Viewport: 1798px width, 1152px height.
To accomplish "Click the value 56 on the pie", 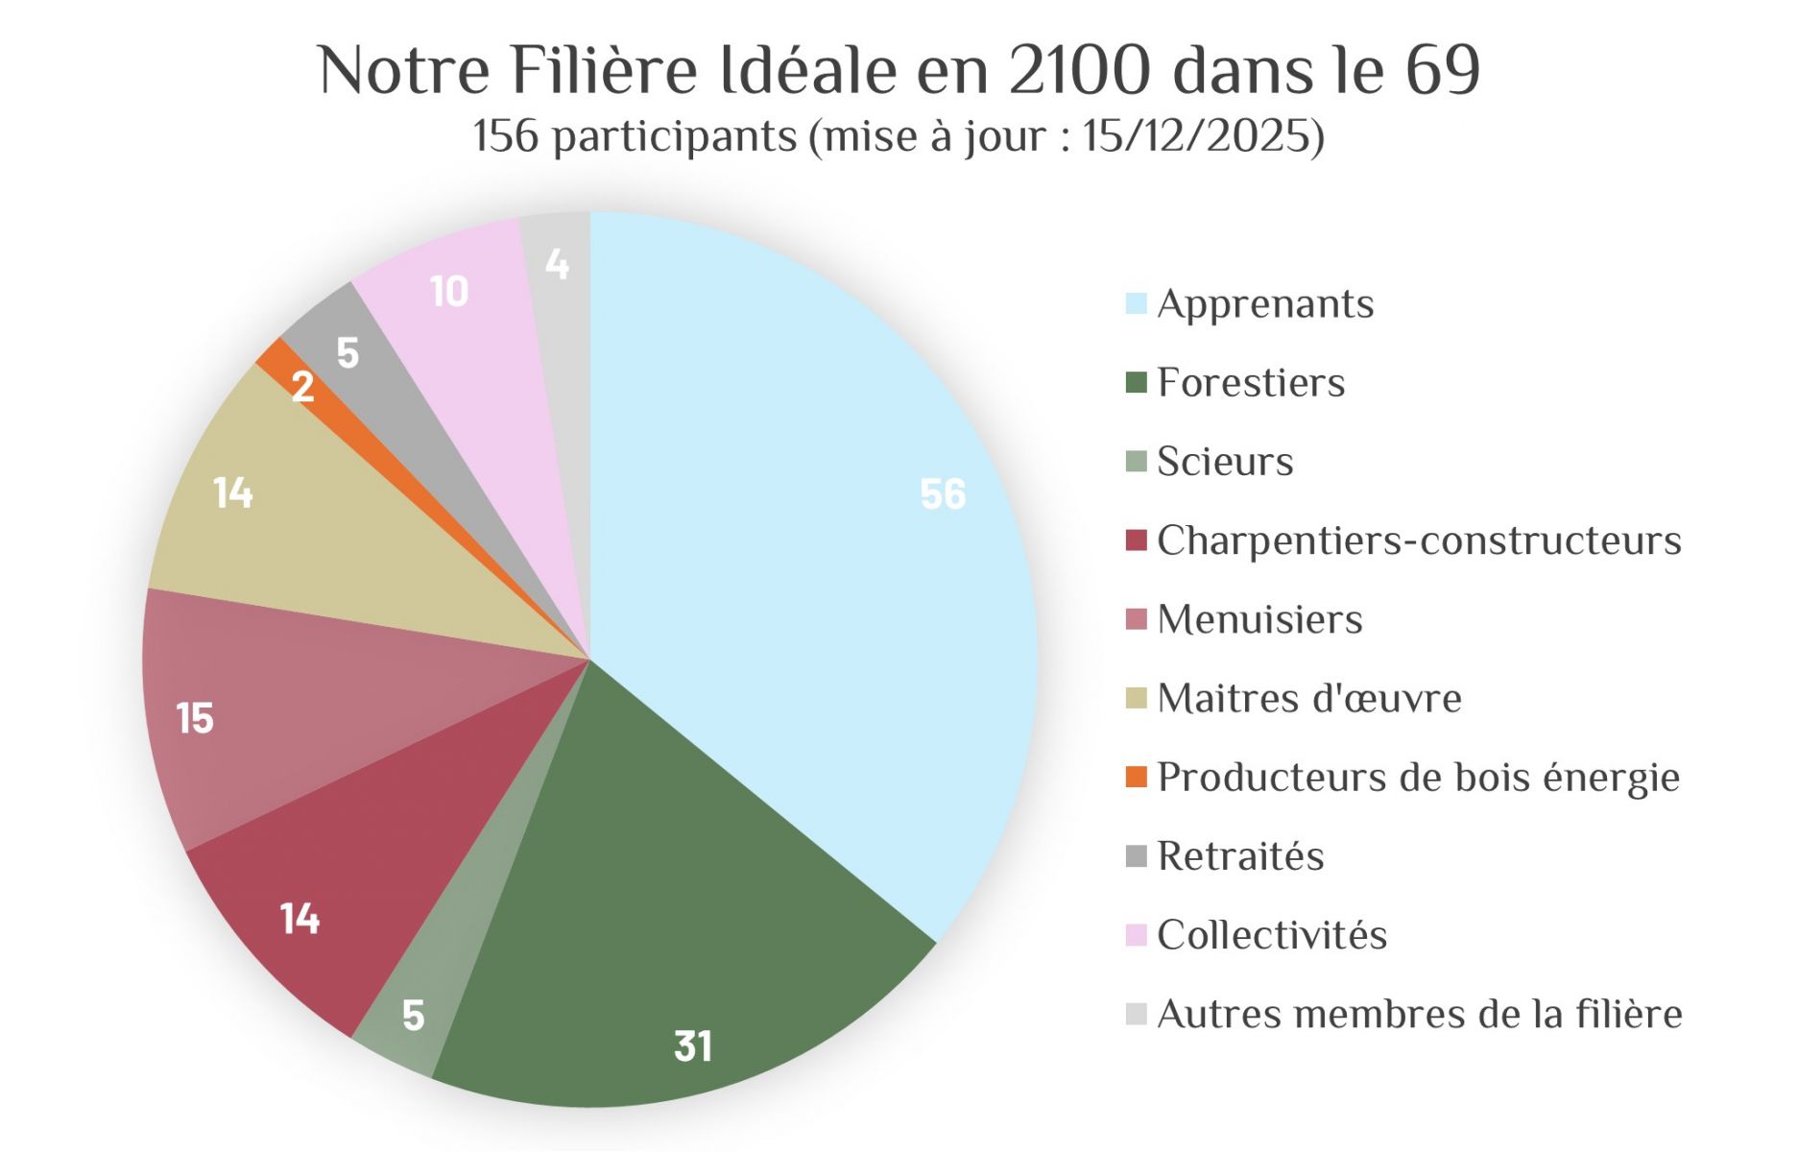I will click(943, 494).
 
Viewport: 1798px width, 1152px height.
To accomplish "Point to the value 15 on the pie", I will click(195, 718).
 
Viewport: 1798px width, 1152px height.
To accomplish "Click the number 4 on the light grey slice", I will click(557, 264).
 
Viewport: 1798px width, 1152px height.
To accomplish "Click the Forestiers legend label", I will click(1251, 382).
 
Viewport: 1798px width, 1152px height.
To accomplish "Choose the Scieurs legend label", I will click(1225, 462).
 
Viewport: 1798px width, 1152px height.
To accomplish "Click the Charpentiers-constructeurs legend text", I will click(1419, 540).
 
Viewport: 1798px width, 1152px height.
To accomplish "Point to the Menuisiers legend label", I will click(1259, 619).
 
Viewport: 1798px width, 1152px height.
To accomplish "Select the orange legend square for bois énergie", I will click(1136, 777).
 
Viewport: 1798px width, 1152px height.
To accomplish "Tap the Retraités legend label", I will click(1240, 856).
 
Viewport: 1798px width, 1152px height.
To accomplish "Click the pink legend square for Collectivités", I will click(1136, 935).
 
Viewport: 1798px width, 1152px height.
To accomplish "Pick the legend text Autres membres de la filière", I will click(1419, 1015).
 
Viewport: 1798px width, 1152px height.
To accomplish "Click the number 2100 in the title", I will click(1079, 70).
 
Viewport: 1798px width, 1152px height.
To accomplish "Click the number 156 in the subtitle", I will click(506, 136).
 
